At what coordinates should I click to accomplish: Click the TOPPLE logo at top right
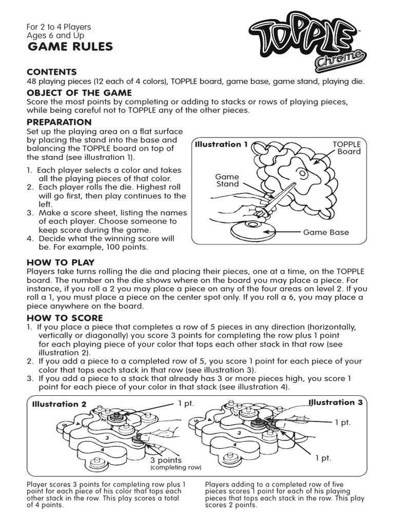(303, 36)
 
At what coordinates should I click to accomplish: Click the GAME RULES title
(70, 48)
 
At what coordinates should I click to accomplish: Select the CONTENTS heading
(52, 72)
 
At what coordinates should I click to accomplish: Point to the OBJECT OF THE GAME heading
(80, 93)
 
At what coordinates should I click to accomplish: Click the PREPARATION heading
(59, 122)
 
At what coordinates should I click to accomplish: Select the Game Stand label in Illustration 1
(227, 180)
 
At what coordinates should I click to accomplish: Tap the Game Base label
(326, 232)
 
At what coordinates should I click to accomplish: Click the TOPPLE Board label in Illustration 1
(348, 148)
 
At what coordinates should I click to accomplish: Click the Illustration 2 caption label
(60, 404)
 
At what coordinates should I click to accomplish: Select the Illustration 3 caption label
(336, 402)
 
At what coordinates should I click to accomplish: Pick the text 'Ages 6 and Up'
(55, 36)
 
